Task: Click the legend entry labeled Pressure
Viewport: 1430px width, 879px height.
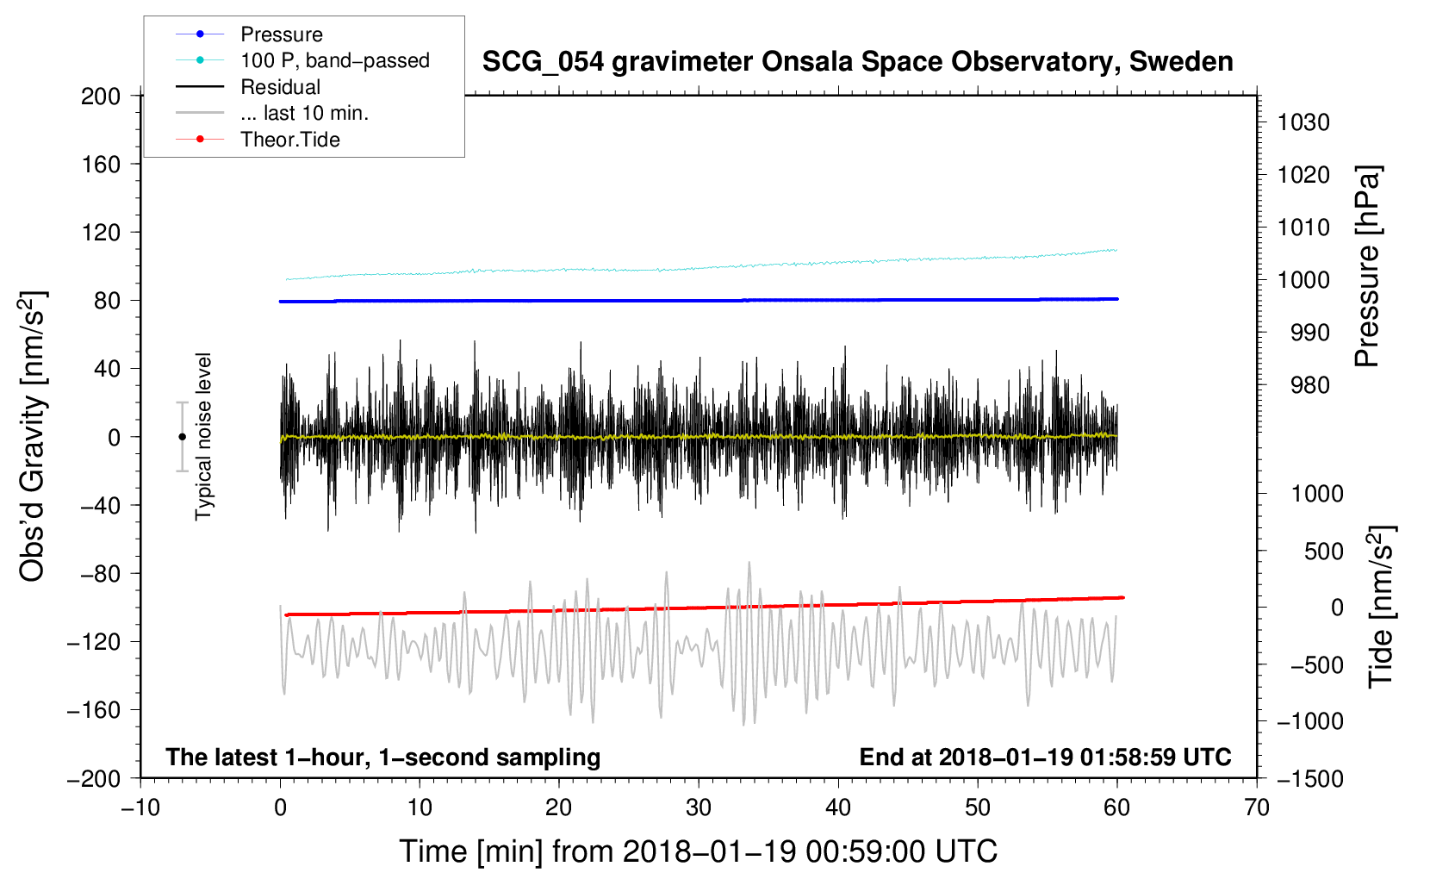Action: pos(281,34)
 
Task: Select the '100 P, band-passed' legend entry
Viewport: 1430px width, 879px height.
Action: pos(334,60)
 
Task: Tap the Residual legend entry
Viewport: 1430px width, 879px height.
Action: pos(280,87)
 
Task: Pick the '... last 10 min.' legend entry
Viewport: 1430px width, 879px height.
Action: pos(304,113)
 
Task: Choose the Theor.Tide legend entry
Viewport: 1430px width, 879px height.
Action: pos(289,140)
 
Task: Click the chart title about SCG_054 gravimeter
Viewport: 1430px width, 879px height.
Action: pos(857,62)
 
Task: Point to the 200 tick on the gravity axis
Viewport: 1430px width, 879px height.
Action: pos(101,96)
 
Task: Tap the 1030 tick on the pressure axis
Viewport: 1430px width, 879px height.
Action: pos(1303,122)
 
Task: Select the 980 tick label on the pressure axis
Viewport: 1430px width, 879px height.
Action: pos(1309,385)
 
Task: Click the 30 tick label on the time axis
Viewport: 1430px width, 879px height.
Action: pos(699,807)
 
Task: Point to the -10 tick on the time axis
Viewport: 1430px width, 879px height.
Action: pos(140,807)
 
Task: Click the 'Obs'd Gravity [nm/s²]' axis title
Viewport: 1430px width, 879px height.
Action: pos(32,436)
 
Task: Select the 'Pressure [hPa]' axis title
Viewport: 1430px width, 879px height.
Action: pos(1367,266)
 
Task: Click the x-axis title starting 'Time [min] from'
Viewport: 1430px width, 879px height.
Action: pos(699,851)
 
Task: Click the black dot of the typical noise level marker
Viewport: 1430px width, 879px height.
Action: pos(182,437)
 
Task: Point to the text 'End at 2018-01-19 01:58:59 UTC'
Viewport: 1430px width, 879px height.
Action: pos(1045,757)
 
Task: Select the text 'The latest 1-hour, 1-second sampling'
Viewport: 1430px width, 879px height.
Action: pos(383,757)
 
